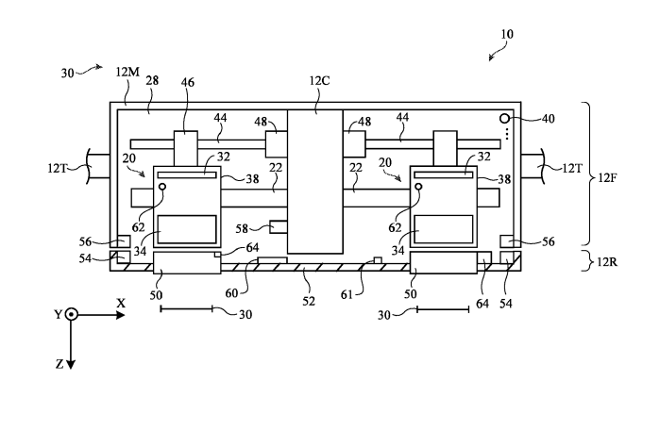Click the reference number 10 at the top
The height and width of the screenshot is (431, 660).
pos(507,34)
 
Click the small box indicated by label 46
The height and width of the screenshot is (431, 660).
pos(185,146)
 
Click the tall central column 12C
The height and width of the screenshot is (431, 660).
pos(314,179)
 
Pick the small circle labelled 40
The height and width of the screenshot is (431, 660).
pos(505,120)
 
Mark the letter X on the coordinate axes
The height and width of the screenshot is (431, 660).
pos(121,303)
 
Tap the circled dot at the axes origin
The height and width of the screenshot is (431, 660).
pos(72,314)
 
